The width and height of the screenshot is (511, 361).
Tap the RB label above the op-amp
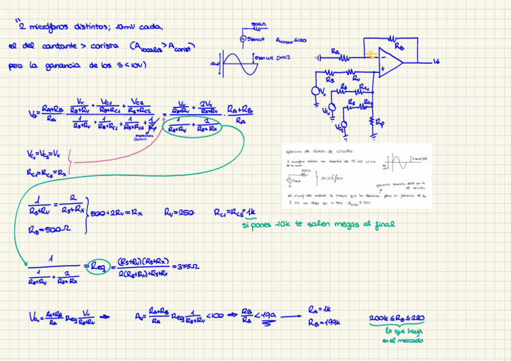pyautogui.click(x=399, y=45)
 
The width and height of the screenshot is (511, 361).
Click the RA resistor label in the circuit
pyautogui.click(x=334, y=52)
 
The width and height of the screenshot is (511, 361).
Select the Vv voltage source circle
pyautogui.click(x=315, y=92)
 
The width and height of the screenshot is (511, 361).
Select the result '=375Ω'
pyautogui.click(x=183, y=266)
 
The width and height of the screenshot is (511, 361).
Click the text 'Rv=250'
pyautogui.click(x=178, y=213)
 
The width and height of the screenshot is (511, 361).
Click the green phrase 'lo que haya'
pyautogui.click(x=402, y=331)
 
